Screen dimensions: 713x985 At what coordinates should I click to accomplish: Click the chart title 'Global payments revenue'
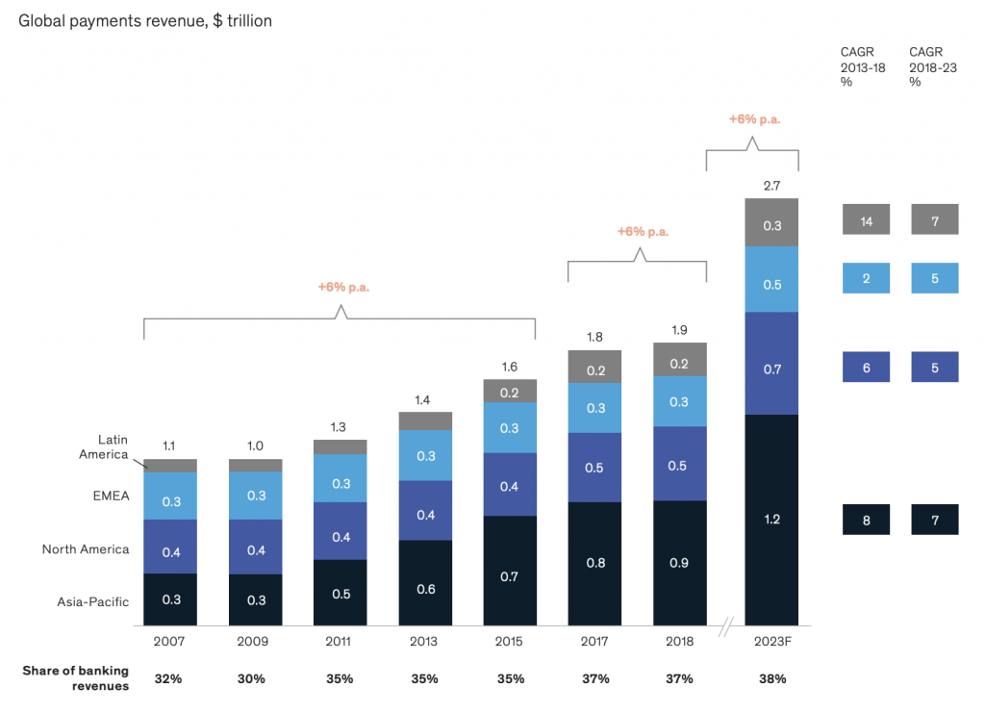pyautogui.click(x=145, y=20)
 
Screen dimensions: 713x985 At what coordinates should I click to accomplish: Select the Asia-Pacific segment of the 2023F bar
pyautogui.click(x=771, y=520)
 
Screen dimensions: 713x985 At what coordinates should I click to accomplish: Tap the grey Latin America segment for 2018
pyautogui.click(x=679, y=359)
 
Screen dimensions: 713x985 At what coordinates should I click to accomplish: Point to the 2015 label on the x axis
pyautogui.click(x=509, y=641)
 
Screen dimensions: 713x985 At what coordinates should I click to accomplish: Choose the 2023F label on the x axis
pyautogui.click(x=771, y=641)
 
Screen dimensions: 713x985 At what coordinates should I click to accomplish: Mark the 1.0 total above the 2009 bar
pyautogui.click(x=255, y=446)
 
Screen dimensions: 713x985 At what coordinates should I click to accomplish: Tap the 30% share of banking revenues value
pyautogui.click(x=255, y=678)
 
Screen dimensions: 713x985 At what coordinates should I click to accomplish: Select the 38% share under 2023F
pyautogui.click(x=771, y=678)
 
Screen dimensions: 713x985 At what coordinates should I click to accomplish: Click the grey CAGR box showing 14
pyautogui.click(x=867, y=220)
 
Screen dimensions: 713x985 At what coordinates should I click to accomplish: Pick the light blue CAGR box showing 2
pyautogui.click(x=867, y=278)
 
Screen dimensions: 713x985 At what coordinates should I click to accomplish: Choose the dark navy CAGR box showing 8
pyautogui.click(x=867, y=520)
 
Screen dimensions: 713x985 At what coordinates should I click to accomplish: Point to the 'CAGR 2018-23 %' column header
pyautogui.click(x=930, y=67)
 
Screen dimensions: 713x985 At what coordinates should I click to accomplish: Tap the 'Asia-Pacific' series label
pyautogui.click(x=92, y=602)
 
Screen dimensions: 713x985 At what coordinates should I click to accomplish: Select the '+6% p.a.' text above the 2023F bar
pyautogui.click(x=754, y=119)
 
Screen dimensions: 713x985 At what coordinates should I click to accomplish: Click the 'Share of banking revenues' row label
pyautogui.click(x=76, y=677)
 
